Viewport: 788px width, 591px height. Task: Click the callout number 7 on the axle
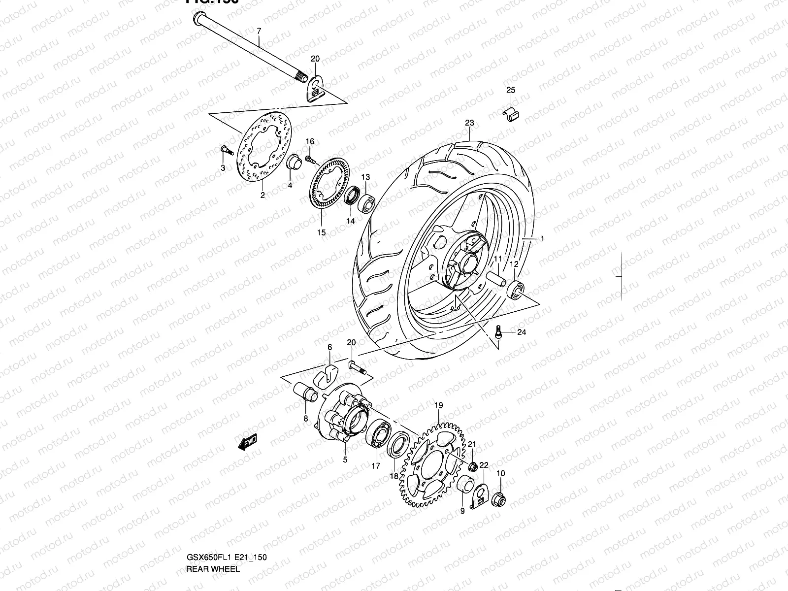point(259,31)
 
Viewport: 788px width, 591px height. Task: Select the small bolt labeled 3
point(224,149)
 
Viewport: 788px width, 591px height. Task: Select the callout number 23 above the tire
point(469,123)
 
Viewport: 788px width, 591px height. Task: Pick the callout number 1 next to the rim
point(542,239)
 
